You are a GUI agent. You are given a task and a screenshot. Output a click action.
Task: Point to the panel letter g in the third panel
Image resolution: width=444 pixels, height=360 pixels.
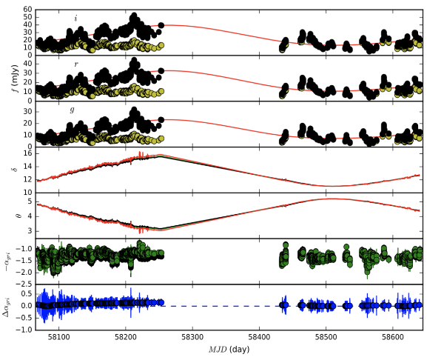72,110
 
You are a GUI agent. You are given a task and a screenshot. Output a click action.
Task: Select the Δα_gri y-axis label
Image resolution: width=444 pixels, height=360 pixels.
9,306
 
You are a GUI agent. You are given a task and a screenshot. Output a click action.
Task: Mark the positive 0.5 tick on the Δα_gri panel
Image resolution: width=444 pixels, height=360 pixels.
24,294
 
